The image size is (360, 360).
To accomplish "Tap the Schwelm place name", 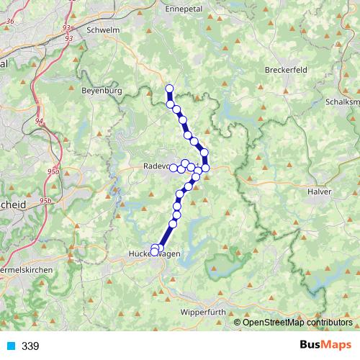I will point(102,31).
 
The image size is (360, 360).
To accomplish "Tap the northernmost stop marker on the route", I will point(170,89).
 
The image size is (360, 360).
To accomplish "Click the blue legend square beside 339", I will point(11,346).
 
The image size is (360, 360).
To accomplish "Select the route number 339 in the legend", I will point(30,346).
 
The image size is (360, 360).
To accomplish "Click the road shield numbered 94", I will point(38,121).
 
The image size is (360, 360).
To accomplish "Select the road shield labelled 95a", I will point(51,171).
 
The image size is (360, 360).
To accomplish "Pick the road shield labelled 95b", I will point(45,200).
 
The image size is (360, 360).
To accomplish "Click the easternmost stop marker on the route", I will point(205,168).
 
